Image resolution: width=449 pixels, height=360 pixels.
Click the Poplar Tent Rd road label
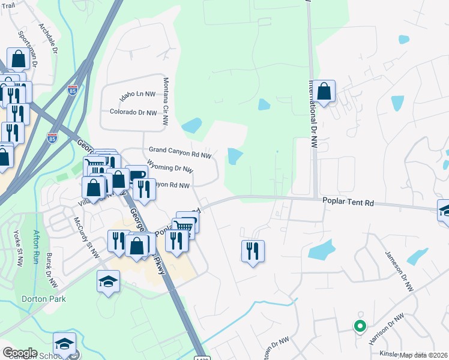point(348,203)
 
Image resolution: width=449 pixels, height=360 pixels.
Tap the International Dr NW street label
point(313,113)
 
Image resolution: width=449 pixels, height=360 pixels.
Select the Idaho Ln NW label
point(137,94)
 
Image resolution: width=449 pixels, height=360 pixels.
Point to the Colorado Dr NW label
point(133,112)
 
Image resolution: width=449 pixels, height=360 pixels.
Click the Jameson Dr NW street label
point(399,270)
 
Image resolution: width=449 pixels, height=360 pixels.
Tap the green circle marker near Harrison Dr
point(360,326)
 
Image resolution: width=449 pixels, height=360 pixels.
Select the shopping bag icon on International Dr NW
point(324,91)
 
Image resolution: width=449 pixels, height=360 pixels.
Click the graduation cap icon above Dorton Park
point(108,281)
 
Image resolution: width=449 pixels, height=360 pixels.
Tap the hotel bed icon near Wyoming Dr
point(137,175)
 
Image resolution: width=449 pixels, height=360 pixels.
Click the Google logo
point(20,353)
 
